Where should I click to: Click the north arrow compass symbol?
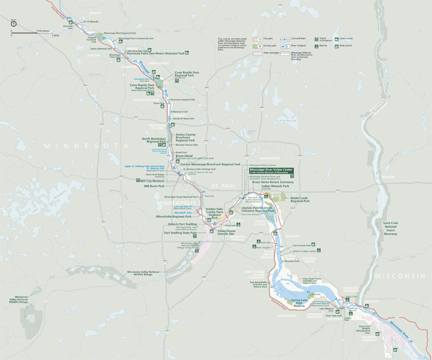[x=13, y=23]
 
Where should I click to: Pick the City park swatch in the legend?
[x=257, y=38]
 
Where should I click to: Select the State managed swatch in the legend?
[x=257, y=53]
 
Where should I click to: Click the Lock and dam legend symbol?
[x=285, y=38]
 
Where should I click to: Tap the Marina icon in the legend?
[x=317, y=46]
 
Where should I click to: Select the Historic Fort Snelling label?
[x=181, y=224]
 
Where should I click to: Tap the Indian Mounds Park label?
[x=275, y=186]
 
